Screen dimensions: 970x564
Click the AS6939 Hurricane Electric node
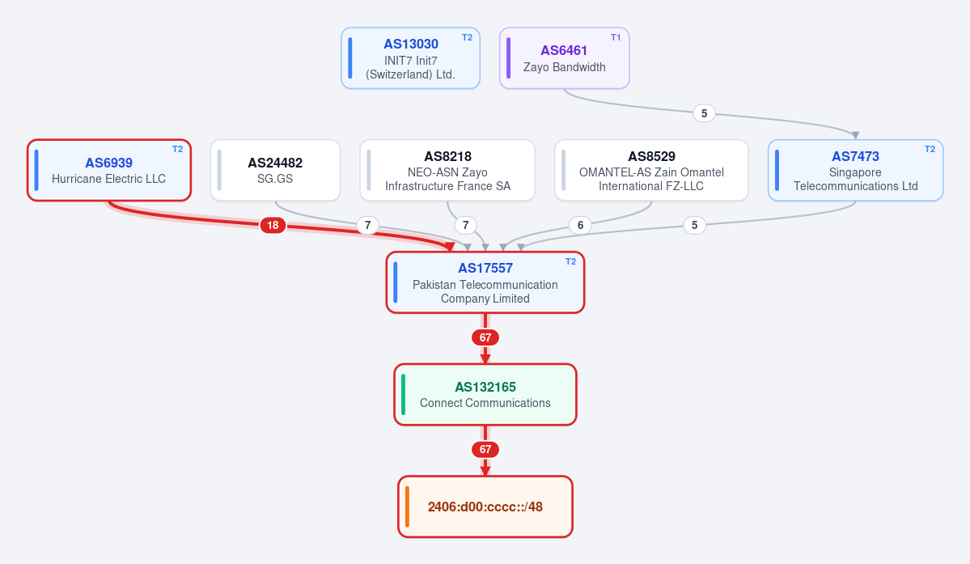[109, 170]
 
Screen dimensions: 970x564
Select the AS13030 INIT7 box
[411, 58]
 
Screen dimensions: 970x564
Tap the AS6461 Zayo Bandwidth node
[564, 58]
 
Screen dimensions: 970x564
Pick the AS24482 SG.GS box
[275, 170]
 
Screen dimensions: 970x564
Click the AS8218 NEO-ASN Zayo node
[447, 170]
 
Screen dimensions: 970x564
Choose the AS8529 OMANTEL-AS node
[651, 170]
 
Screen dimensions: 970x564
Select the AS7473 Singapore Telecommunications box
[856, 170]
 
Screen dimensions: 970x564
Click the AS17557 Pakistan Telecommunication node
[485, 282]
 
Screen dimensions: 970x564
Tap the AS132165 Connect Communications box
[485, 395]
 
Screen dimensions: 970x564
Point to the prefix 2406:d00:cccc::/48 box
[485, 507]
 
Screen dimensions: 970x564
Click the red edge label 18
[273, 225]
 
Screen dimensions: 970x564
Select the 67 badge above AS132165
[485, 337]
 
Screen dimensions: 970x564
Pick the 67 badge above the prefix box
[485, 450]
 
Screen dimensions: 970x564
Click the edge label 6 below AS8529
[580, 225]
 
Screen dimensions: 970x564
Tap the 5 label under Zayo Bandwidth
[704, 113]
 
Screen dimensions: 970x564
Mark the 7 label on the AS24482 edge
[367, 225]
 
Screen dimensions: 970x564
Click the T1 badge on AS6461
[616, 38]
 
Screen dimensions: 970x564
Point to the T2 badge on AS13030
[467, 38]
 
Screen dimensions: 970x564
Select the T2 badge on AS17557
[571, 261]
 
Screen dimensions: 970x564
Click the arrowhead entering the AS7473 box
[856, 135]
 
